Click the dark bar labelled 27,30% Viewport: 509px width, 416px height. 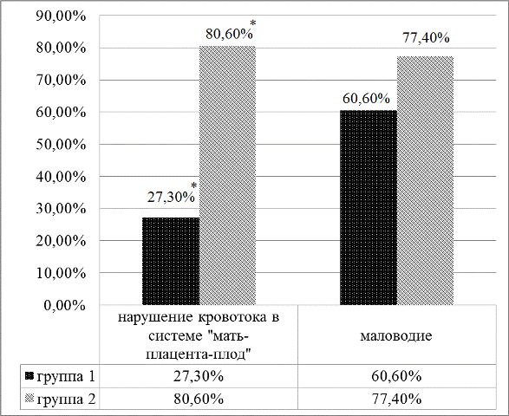point(171,261)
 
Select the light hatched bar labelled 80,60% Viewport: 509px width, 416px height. point(227,176)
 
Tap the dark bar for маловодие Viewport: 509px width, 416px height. point(369,208)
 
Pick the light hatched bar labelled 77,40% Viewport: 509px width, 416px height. point(425,181)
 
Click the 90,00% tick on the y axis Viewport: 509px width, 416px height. point(61,16)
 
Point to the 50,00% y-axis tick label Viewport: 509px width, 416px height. point(61,145)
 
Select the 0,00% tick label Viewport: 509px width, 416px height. point(64,305)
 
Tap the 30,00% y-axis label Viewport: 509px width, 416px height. point(61,209)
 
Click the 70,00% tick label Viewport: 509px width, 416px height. point(61,80)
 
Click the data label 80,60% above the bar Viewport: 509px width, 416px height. point(229,34)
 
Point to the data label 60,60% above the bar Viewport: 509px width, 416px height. point(366,98)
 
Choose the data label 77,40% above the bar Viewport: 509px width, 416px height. point(426,38)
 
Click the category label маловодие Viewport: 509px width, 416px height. point(396,335)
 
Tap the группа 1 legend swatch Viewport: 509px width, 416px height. point(29,376)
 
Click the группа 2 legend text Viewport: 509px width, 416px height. point(67,400)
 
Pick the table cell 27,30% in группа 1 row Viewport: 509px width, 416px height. point(199,376)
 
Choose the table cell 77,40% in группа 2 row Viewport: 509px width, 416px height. point(396,399)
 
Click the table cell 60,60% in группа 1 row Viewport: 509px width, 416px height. point(396,376)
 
